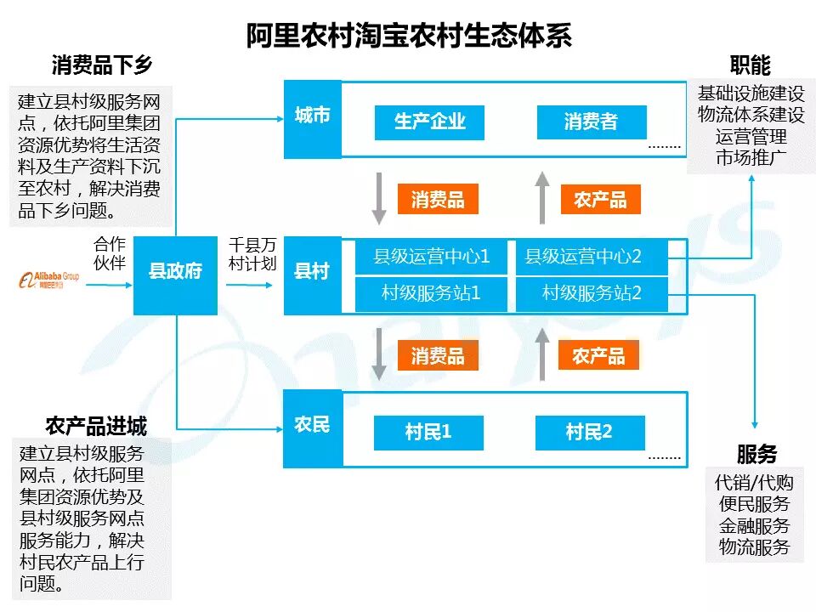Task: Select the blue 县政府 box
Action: point(176,272)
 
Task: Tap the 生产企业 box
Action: point(429,122)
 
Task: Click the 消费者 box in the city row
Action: point(591,122)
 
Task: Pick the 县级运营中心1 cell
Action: point(431,256)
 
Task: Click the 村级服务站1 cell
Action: point(431,294)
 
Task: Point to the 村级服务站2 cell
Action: point(592,294)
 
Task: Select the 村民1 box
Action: point(428,433)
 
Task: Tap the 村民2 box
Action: point(590,433)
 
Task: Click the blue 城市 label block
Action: point(312,117)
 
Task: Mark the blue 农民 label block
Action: point(312,427)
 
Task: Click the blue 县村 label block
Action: point(312,273)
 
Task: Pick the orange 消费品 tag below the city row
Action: point(438,200)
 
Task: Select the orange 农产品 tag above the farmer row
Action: point(598,355)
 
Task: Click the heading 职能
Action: point(749,65)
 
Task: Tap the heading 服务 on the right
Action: point(756,454)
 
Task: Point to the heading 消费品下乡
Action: point(102,66)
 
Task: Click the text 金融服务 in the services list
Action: point(754,526)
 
